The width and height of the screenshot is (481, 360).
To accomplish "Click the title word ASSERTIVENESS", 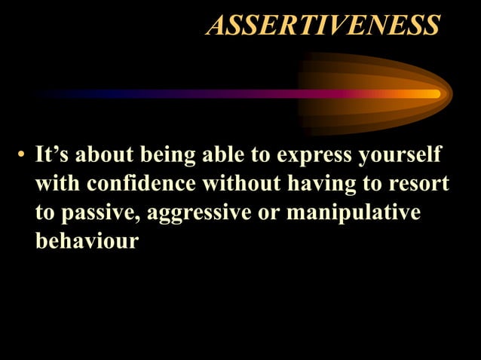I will tap(323, 26).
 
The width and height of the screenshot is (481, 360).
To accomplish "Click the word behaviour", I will tap(87, 242).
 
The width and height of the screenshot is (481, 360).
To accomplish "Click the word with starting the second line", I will tap(54, 185).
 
